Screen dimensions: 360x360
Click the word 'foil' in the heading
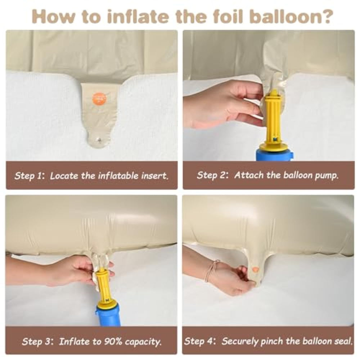coord(227,16)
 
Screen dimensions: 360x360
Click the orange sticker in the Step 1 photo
coord(99,99)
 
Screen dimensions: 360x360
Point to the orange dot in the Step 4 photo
coord(255,269)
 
